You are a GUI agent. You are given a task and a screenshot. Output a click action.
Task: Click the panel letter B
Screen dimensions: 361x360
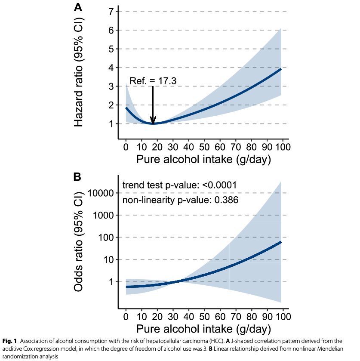click(x=78, y=176)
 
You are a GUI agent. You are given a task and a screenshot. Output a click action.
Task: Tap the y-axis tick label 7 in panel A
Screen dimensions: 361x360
click(x=111, y=12)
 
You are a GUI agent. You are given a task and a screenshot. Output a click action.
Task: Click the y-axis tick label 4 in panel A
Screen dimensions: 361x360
click(x=111, y=68)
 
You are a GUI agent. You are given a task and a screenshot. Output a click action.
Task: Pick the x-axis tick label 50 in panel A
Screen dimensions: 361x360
click(x=204, y=147)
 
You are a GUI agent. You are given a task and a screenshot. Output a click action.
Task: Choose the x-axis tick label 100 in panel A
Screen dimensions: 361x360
click(x=283, y=147)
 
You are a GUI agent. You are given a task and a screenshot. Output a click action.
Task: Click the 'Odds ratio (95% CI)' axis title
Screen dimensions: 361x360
click(x=79, y=240)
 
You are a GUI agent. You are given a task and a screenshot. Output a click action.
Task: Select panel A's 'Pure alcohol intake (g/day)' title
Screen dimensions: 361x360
click(x=203, y=160)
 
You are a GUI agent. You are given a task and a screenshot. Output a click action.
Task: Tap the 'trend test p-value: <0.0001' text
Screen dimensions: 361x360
click(x=180, y=185)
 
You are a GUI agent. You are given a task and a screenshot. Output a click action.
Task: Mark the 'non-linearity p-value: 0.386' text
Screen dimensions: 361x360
click(x=181, y=200)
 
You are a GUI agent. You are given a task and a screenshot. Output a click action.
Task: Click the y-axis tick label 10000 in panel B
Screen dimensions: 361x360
click(x=101, y=193)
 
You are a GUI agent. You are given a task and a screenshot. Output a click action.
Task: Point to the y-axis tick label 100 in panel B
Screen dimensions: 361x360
click(x=106, y=238)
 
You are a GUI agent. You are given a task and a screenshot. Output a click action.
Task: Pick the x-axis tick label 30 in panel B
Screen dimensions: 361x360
click(x=173, y=316)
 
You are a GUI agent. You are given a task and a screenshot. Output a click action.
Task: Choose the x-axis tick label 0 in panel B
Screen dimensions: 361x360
click(x=126, y=316)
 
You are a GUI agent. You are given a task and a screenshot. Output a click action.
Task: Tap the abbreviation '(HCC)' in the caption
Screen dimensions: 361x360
click(x=214, y=342)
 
